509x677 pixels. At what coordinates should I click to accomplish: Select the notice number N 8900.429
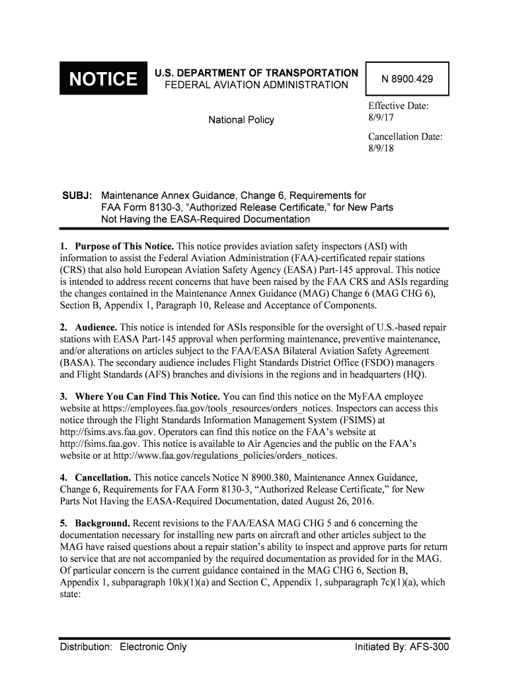pyautogui.click(x=407, y=80)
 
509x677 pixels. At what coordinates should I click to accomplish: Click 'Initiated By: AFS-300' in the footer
pyautogui.click(x=402, y=647)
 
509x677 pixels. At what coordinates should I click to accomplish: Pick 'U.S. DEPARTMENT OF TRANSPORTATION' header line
pyautogui.click(x=256, y=73)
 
